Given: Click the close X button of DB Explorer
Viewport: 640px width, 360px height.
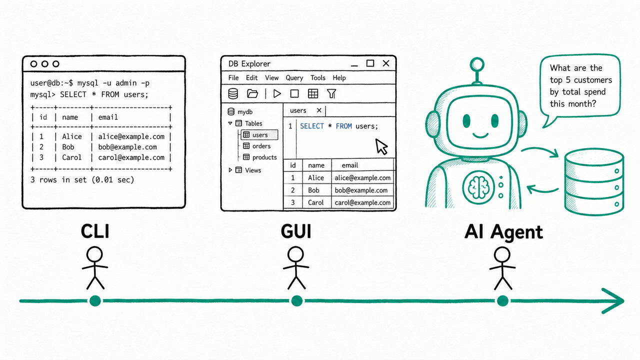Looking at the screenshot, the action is coord(386,63).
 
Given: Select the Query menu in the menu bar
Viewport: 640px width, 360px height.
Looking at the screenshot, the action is coord(294,78).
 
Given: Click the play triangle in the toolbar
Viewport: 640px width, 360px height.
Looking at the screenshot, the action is coord(277,93).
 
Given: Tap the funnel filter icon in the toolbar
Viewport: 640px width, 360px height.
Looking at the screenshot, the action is coord(331,93).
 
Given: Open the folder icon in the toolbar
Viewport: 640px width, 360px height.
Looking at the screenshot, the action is coord(252,93).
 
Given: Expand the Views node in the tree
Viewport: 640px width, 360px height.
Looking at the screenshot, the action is coord(230,170).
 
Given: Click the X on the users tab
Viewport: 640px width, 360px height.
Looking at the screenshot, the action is coord(319,110).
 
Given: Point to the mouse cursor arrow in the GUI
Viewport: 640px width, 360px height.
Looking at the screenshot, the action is coord(381,146).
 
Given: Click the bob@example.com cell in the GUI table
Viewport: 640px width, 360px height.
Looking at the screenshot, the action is coord(361,190).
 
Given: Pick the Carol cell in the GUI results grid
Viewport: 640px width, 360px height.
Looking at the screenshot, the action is coord(315,202).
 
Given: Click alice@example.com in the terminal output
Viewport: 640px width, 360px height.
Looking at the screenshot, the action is coord(131,136).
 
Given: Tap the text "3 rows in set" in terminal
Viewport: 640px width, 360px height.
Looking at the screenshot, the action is coord(58,179).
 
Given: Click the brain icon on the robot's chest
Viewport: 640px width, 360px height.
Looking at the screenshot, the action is coord(478,187).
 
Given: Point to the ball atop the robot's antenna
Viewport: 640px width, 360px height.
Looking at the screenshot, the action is coord(477,64).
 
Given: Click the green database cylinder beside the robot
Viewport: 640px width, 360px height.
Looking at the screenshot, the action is coord(593,181).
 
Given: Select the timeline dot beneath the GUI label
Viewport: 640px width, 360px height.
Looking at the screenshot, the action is coord(297,301).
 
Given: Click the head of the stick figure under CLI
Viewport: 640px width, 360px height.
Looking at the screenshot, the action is coord(94,254).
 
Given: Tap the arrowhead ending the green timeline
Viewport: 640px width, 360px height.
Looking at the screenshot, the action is coord(614,301).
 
